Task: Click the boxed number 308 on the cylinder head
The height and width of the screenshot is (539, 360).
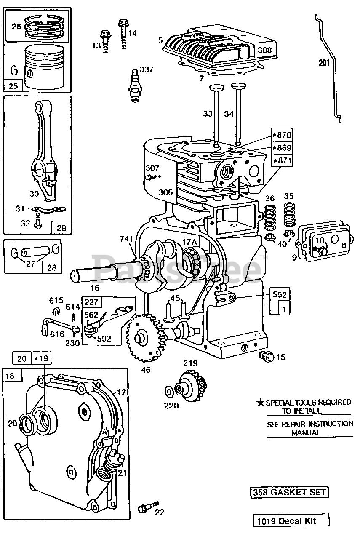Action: point(264,50)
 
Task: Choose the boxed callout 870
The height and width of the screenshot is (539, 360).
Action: point(282,135)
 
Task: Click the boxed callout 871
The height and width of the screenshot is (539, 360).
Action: point(282,160)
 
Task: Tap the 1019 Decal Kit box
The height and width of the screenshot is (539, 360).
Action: point(291,521)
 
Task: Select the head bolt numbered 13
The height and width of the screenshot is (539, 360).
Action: point(104,40)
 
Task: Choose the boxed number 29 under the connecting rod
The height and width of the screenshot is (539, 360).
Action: point(61,228)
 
